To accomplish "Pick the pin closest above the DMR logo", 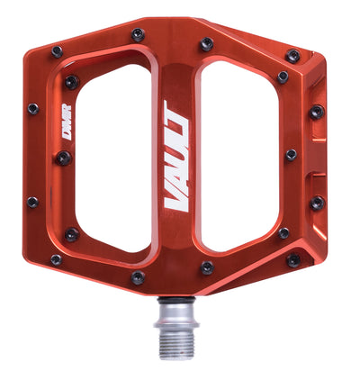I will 70,82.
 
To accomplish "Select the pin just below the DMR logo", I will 64,158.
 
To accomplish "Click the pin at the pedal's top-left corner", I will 57,51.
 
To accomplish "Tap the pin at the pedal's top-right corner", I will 292,56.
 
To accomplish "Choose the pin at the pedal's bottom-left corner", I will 56,259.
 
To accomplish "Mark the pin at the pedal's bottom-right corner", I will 292,260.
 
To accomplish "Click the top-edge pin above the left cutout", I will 138,34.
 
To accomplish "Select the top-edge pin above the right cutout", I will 206,43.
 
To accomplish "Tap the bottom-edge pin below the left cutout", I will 137,278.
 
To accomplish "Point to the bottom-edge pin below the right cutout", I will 206,267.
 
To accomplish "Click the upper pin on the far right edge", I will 316,113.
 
